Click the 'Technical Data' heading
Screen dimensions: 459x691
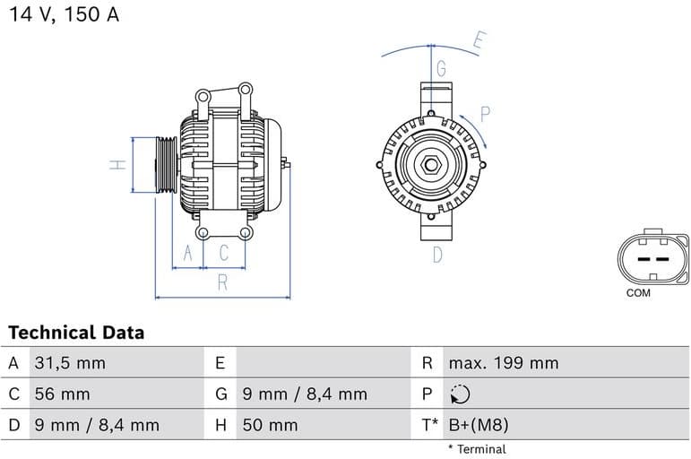(x=76, y=333)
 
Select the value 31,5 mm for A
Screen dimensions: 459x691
(x=70, y=363)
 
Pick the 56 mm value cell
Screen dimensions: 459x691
(x=62, y=394)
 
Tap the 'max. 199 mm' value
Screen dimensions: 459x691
(x=503, y=363)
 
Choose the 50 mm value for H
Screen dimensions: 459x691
(x=270, y=425)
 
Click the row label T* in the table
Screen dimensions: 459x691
(x=430, y=425)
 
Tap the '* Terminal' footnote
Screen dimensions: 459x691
(x=477, y=449)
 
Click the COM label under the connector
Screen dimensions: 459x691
(x=639, y=293)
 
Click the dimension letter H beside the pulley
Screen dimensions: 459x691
(x=117, y=165)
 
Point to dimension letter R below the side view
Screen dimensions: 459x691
(x=222, y=284)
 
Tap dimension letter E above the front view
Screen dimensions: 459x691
(x=479, y=40)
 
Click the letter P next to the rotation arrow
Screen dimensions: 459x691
(x=485, y=114)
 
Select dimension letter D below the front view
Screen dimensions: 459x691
(x=437, y=255)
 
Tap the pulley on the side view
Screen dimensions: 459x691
(x=165, y=165)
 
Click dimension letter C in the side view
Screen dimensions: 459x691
(x=224, y=254)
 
